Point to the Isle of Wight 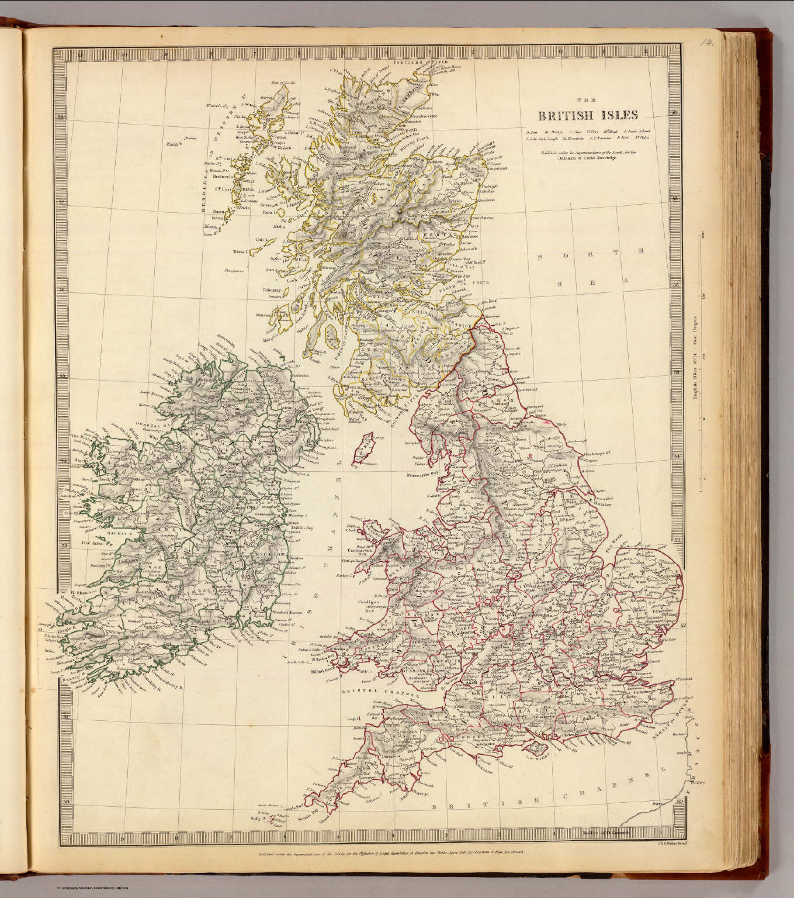click(537, 754)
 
